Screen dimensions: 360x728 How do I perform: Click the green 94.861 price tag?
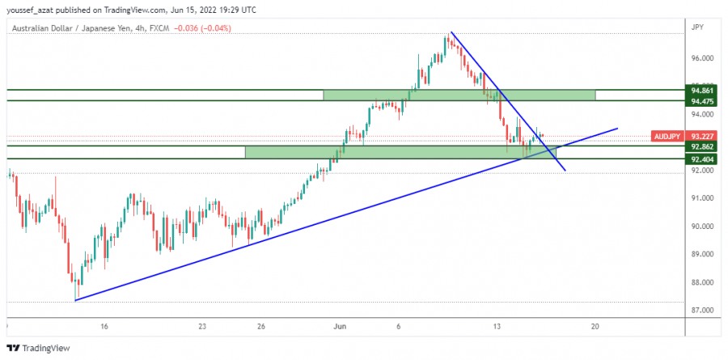tap(701, 91)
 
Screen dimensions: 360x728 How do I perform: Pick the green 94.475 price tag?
tap(701, 101)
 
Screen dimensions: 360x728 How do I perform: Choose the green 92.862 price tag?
tap(701, 147)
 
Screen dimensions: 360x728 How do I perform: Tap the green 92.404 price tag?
tap(701, 159)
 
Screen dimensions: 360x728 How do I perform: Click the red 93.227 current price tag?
tap(701, 136)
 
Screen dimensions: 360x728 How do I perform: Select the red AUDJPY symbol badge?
tap(667, 136)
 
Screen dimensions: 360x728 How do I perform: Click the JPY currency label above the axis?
tap(697, 28)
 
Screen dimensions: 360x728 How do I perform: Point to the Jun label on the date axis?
tap(341, 326)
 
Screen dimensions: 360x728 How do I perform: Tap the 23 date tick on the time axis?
tap(202, 326)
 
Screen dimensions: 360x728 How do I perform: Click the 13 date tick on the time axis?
tap(497, 326)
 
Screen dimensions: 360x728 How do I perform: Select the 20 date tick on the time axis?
tap(595, 326)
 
